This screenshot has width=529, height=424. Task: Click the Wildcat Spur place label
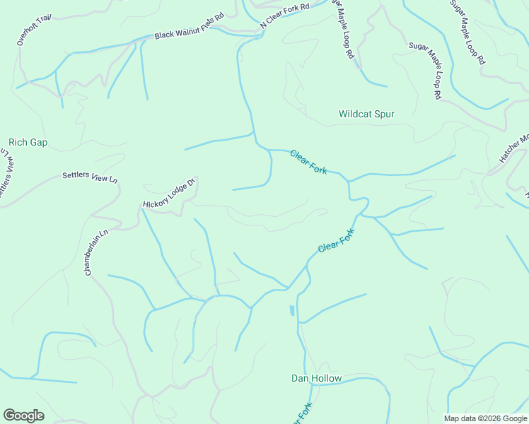click(x=366, y=114)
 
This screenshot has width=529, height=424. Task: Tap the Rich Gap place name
click(x=28, y=142)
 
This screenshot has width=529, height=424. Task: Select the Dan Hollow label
click(x=316, y=378)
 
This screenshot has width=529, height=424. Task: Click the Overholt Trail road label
click(x=34, y=30)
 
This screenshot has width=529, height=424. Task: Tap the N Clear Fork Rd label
click(x=285, y=16)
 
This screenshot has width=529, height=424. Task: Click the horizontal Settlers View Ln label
click(x=90, y=177)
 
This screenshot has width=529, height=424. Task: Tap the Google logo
click(x=23, y=416)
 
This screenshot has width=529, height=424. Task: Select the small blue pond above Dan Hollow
click(x=291, y=310)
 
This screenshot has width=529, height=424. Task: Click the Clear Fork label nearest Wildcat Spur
click(x=308, y=163)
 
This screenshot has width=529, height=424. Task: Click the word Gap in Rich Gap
click(x=39, y=142)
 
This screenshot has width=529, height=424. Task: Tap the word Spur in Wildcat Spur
click(x=385, y=114)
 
